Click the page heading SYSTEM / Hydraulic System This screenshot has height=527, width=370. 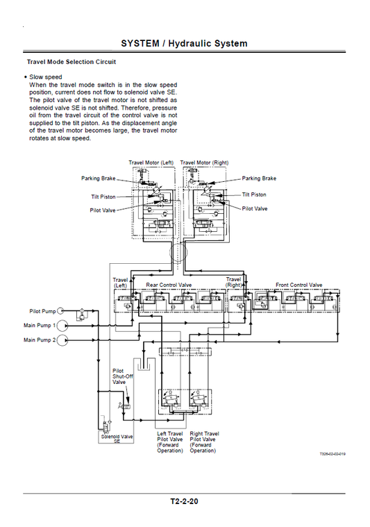click(184, 43)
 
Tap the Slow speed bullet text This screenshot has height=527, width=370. click(46, 77)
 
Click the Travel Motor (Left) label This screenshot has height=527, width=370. click(151, 162)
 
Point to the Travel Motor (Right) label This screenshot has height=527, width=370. click(204, 162)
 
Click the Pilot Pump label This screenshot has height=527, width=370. click(42, 312)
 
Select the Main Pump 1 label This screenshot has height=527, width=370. click(40, 325)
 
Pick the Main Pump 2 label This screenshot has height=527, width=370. click(40, 340)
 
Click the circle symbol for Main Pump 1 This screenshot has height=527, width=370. click(62, 325)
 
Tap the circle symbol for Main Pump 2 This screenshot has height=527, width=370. click(62, 340)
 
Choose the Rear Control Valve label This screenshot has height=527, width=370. click(169, 285)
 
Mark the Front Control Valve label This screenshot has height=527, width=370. click(298, 285)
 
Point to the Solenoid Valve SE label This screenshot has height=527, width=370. click(117, 439)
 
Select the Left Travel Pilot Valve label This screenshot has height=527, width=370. click(170, 442)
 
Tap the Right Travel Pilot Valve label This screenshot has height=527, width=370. click(204, 442)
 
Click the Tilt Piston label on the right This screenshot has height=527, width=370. click(253, 195)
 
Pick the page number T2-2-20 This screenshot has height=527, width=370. click(184, 501)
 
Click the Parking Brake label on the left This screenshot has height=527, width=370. click(98, 178)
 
